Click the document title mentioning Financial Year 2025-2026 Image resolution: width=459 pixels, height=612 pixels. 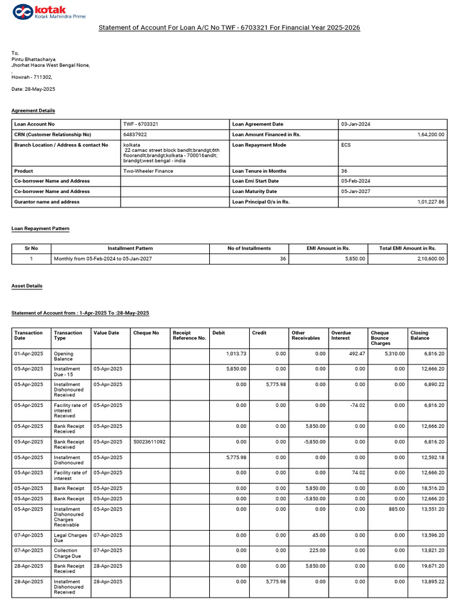[x=229, y=27]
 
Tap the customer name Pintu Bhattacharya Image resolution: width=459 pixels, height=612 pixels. [x=33, y=59]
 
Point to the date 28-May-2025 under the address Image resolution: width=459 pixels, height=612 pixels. [x=33, y=89]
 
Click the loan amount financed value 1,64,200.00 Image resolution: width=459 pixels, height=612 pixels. [x=430, y=134]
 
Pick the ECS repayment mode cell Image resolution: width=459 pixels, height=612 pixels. [x=346, y=145]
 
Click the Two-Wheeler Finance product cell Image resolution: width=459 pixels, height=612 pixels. [x=148, y=171]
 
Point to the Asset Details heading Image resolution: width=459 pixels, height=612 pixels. [x=27, y=286]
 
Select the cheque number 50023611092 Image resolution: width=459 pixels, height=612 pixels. [x=149, y=442]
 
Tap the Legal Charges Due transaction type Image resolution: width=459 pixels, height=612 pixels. [x=70, y=538]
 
